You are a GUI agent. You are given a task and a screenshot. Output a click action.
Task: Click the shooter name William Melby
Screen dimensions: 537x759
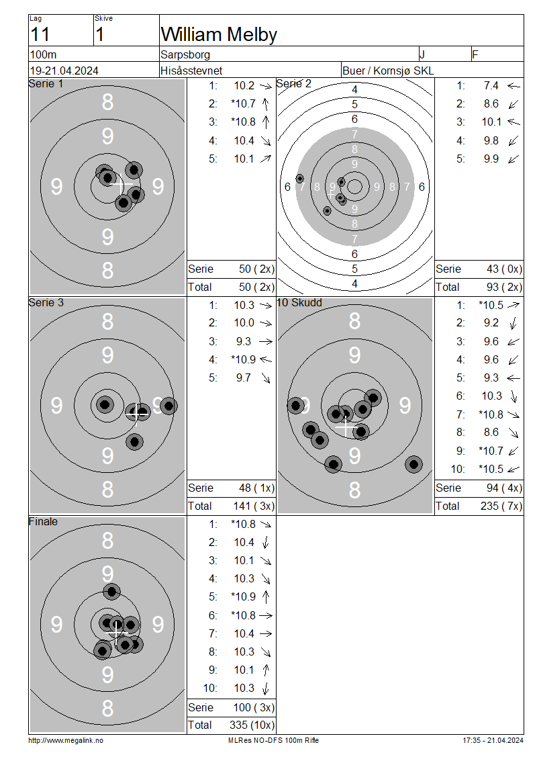[x=219, y=35]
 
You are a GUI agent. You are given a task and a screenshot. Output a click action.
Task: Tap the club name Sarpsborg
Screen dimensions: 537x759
[x=185, y=54]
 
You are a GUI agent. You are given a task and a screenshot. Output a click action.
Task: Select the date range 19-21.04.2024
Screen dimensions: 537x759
[x=64, y=71]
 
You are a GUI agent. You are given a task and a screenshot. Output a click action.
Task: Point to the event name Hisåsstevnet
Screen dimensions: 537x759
[x=191, y=71]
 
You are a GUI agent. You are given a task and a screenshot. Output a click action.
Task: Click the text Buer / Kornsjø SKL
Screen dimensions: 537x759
[x=388, y=71]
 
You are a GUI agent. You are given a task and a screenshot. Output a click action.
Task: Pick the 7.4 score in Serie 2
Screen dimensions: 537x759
[x=491, y=86]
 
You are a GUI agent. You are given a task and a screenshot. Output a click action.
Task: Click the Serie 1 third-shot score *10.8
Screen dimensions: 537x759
[x=244, y=122]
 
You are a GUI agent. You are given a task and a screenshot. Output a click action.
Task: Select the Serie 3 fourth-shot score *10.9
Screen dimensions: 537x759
[x=244, y=359]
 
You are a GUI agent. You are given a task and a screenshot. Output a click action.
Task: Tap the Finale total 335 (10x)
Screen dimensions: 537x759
[x=252, y=725]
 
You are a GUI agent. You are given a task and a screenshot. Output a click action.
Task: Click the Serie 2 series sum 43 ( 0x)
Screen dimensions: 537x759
[x=504, y=269]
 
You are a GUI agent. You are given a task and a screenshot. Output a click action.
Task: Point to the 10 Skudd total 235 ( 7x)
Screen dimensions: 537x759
[x=501, y=506]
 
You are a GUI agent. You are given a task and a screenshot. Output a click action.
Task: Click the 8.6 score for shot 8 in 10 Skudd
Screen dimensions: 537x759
[x=491, y=433]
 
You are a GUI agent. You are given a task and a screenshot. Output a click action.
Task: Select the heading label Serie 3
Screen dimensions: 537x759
[x=46, y=302]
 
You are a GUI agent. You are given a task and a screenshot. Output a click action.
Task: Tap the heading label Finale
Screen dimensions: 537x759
[x=43, y=521]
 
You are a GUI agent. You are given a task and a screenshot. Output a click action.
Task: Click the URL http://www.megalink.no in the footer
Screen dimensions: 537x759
[x=66, y=741]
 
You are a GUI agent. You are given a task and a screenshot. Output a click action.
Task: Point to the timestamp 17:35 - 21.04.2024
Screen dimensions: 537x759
[x=493, y=741]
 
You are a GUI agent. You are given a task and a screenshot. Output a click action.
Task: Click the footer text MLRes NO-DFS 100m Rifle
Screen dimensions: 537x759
[x=273, y=741]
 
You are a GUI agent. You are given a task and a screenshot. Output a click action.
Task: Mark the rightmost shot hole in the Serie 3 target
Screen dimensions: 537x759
[x=168, y=406]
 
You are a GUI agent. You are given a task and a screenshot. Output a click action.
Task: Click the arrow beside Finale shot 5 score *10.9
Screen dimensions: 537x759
[x=266, y=597]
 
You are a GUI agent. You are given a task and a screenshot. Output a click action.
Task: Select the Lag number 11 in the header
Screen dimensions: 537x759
[x=40, y=35]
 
